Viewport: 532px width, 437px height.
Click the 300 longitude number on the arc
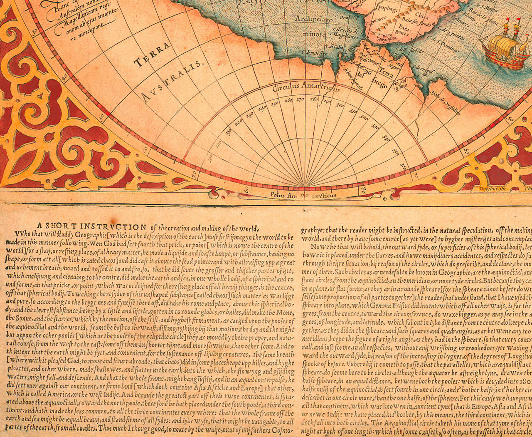340,105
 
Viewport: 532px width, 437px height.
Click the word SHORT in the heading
55,226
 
